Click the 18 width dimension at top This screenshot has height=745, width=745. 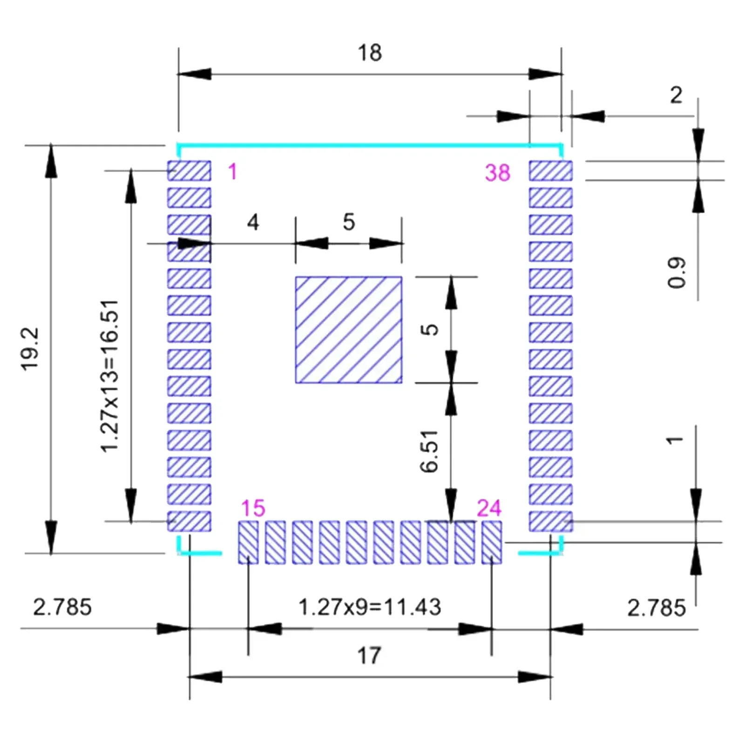(370, 53)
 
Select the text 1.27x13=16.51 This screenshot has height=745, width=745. (110, 376)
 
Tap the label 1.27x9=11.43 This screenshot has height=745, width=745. (369, 607)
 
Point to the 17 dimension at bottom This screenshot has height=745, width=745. (369, 656)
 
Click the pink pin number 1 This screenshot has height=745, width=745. (233, 172)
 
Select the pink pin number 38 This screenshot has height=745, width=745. (497, 173)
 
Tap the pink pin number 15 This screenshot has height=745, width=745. (253, 508)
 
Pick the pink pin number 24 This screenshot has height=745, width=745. (489, 508)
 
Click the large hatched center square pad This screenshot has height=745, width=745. (348, 330)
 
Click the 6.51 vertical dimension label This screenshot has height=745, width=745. (429, 451)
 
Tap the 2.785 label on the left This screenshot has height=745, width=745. (62, 607)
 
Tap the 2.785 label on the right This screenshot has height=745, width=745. (656, 608)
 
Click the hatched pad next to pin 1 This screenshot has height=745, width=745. (189, 171)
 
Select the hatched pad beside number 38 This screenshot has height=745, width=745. (550, 171)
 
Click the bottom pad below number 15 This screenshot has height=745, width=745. (248, 542)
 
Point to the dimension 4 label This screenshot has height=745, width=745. (253, 223)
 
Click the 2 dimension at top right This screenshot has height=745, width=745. (676, 95)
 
